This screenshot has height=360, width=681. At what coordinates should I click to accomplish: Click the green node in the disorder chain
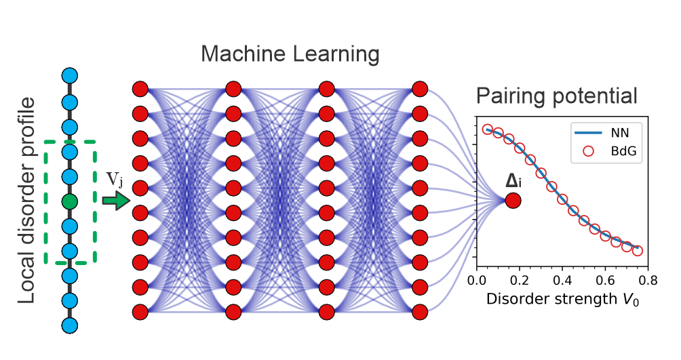[69, 201]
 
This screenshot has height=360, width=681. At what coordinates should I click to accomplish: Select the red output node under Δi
[513, 201]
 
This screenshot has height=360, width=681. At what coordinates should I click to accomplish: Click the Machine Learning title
[290, 55]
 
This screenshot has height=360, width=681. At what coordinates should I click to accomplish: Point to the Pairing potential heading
[557, 96]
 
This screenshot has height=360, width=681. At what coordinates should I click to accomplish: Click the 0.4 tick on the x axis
[562, 280]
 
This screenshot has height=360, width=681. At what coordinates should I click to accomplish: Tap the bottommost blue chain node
[69, 325]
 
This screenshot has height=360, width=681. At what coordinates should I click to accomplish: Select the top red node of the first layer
[140, 89]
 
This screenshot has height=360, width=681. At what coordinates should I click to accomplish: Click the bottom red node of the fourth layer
[420, 313]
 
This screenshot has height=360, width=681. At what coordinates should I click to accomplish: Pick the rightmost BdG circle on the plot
[638, 251]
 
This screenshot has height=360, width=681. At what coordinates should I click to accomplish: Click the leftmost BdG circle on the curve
[488, 129]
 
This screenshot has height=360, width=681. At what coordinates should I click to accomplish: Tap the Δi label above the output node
[513, 181]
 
